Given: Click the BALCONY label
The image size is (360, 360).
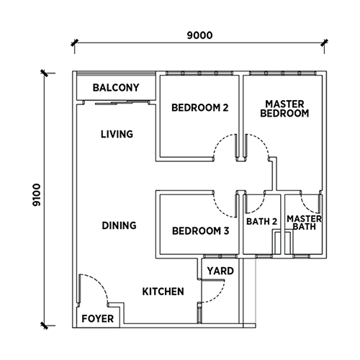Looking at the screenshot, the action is point(116,88).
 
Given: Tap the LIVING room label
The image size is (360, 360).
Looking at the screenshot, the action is point(117,134).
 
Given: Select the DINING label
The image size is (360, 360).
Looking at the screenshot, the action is point(119,225).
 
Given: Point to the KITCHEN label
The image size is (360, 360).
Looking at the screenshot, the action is point(163,292).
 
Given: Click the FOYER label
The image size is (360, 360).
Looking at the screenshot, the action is point(97,319).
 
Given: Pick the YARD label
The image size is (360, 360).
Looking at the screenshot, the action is point(220,271).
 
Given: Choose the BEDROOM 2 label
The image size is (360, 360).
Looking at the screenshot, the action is point(199,108).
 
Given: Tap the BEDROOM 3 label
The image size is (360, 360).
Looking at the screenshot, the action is point(200,231).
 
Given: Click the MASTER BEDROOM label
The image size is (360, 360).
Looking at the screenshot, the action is point(284,109).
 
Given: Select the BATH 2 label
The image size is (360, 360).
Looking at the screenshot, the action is point(261,221).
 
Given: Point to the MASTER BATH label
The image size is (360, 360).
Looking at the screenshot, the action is point(305,222).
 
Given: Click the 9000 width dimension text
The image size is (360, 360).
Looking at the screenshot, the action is point(199,35).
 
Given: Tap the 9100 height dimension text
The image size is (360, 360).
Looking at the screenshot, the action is point(37,195).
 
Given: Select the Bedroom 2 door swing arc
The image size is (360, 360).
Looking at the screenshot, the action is point(219,141).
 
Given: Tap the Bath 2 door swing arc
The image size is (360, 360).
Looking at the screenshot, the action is point(260,207).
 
